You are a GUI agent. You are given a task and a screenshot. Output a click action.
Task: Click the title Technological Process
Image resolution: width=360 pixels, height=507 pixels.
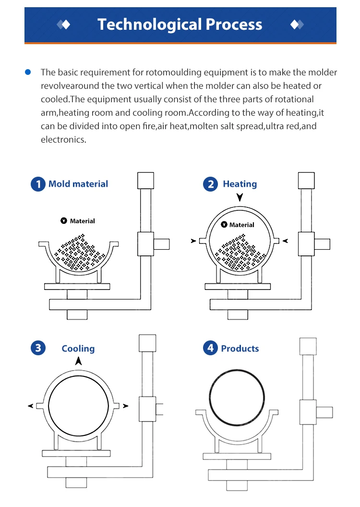coord(180,24)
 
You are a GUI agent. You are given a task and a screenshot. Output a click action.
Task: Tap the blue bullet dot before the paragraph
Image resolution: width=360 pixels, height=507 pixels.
coord(28,72)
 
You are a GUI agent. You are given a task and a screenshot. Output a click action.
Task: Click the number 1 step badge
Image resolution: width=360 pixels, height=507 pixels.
coord(37,184)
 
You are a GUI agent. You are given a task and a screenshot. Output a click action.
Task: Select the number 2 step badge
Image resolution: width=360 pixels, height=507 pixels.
coord(210,184)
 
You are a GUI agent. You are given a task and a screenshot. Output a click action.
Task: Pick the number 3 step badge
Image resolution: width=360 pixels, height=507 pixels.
coord(37,348)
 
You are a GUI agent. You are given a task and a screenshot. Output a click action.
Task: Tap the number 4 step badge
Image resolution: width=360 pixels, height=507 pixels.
coord(210,348)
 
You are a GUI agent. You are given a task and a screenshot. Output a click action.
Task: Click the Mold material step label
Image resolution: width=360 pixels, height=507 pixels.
coord(78,184)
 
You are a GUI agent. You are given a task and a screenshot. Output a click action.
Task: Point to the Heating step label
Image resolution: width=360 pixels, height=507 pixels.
coord(240,184)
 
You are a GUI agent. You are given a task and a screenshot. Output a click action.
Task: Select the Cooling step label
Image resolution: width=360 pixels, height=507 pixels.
coord(78,349)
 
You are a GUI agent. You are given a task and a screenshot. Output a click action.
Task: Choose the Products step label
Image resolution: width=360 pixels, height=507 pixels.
coord(240,349)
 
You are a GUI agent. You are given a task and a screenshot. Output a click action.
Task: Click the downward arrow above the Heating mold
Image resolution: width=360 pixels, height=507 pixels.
coord(240,198)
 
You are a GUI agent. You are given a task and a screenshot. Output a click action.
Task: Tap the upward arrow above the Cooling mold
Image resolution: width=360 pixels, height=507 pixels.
coord(78,361)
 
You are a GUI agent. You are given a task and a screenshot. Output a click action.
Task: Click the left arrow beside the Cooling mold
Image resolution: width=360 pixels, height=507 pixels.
coord(31,406)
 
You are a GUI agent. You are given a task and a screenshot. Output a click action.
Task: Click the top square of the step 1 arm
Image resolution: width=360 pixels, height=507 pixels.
coord(145,180)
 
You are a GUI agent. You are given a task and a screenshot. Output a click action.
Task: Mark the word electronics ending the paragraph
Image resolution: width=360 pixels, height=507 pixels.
coord(63,140)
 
